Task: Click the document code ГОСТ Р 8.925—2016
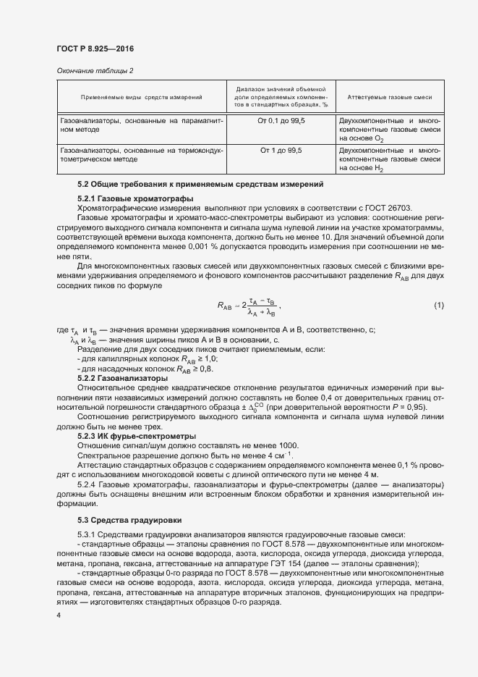pyautogui.click(x=95, y=49)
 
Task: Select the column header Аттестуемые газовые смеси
pyautogui.click(x=390, y=96)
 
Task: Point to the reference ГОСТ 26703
pyautogui.click(x=387, y=208)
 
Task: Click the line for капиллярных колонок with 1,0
pyautogui.click(x=147, y=359)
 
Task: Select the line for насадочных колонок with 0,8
pyautogui.click(x=145, y=369)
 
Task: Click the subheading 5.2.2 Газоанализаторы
pyautogui.click(x=122, y=378)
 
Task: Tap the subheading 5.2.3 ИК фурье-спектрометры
pyautogui.click(x=136, y=437)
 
